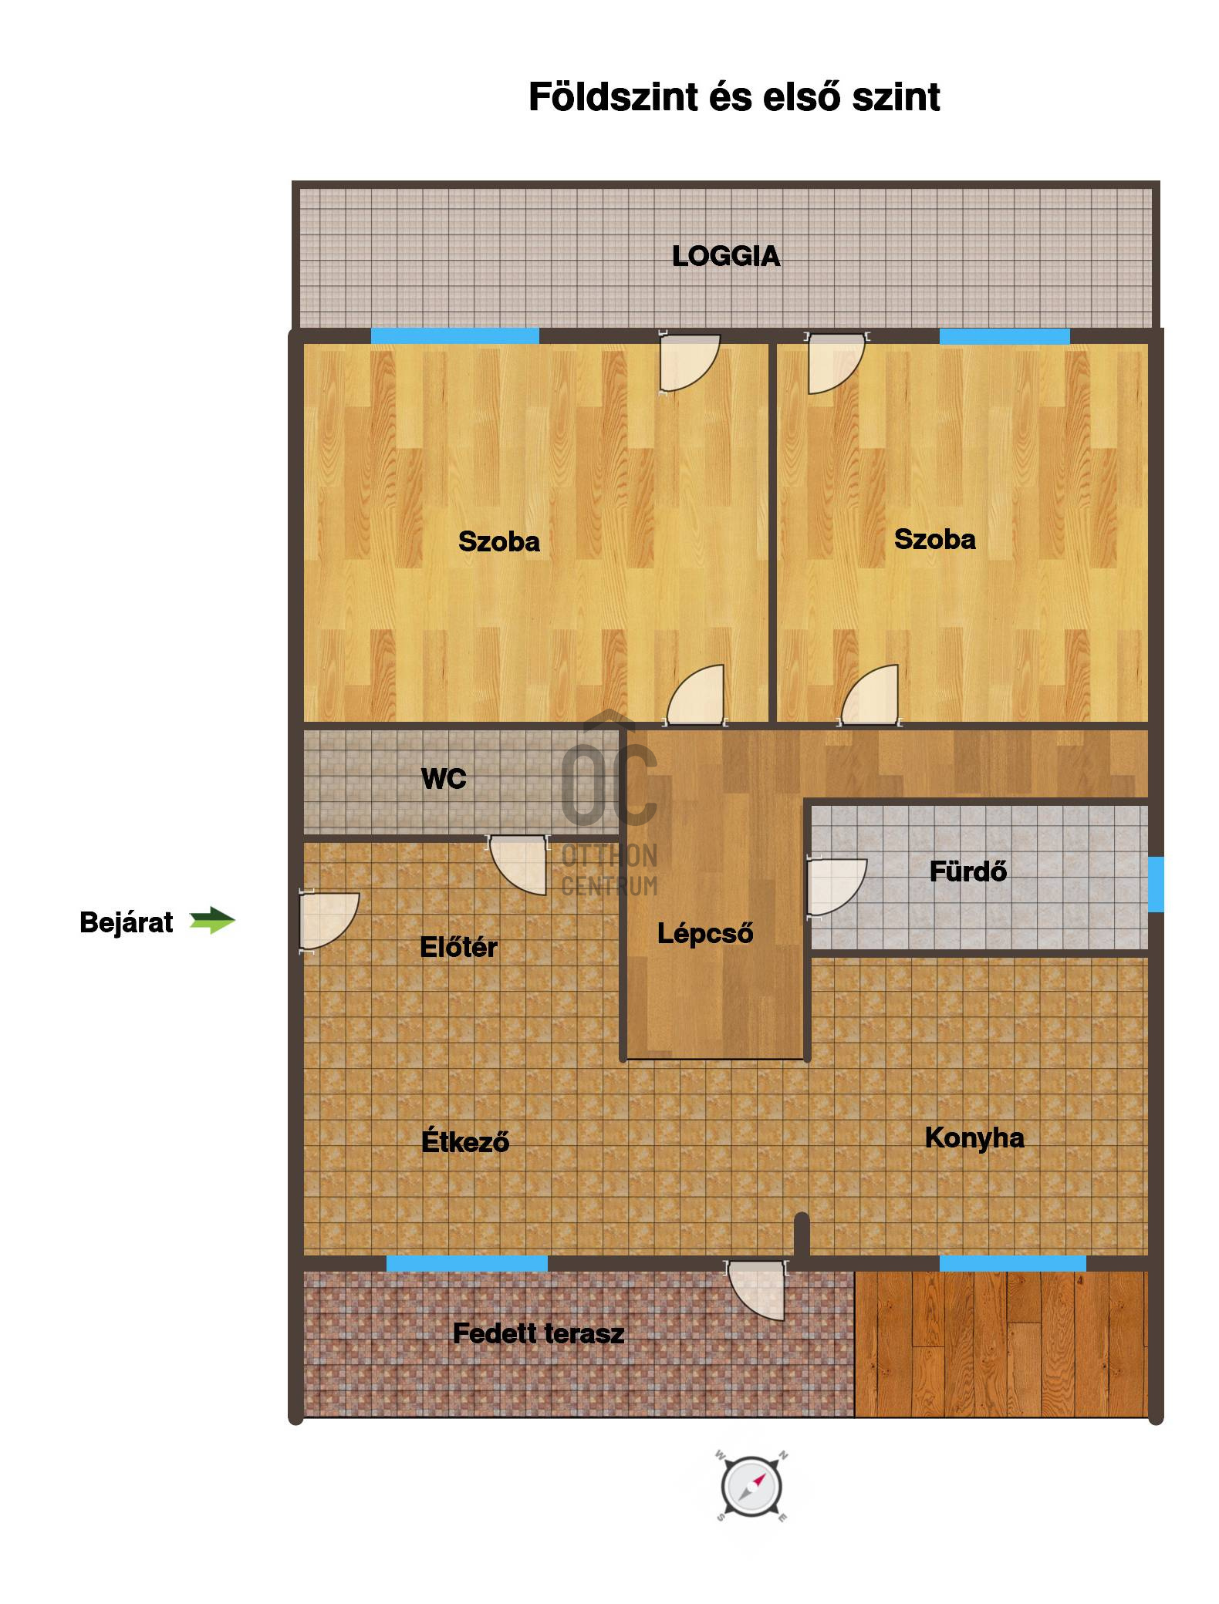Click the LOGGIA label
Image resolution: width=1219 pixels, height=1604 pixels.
(725, 256)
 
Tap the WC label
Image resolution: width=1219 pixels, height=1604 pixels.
(444, 779)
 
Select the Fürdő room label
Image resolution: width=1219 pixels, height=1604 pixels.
(967, 871)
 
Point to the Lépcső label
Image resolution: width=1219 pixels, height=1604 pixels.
(705, 934)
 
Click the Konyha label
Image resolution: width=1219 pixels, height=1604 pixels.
(974, 1137)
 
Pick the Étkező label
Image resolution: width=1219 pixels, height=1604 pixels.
(465, 1141)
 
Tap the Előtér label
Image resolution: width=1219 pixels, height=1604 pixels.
(458, 947)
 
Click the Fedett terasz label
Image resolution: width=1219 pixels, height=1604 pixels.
(538, 1333)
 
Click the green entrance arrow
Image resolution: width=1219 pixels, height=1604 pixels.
(212, 920)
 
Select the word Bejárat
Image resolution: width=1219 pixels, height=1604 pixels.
(127, 922)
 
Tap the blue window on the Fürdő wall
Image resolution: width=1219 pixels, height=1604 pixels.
(1155, 884)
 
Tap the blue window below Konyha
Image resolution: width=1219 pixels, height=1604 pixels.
(1012, 1263)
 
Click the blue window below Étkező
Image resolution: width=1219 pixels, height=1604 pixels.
(467, 1263)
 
